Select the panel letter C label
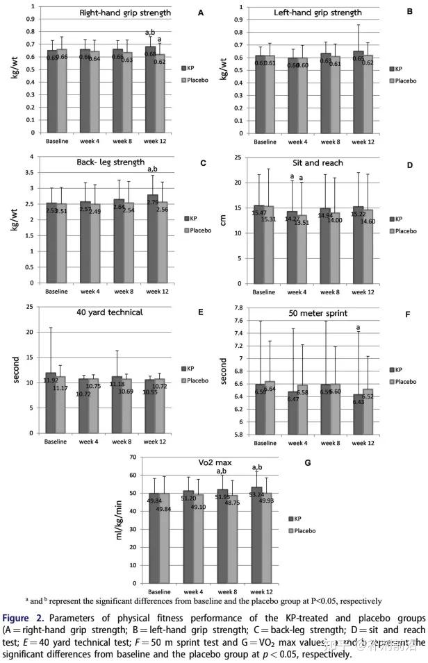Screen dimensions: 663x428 tap(202, 163)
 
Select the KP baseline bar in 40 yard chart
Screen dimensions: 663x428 tap(51, 403)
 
